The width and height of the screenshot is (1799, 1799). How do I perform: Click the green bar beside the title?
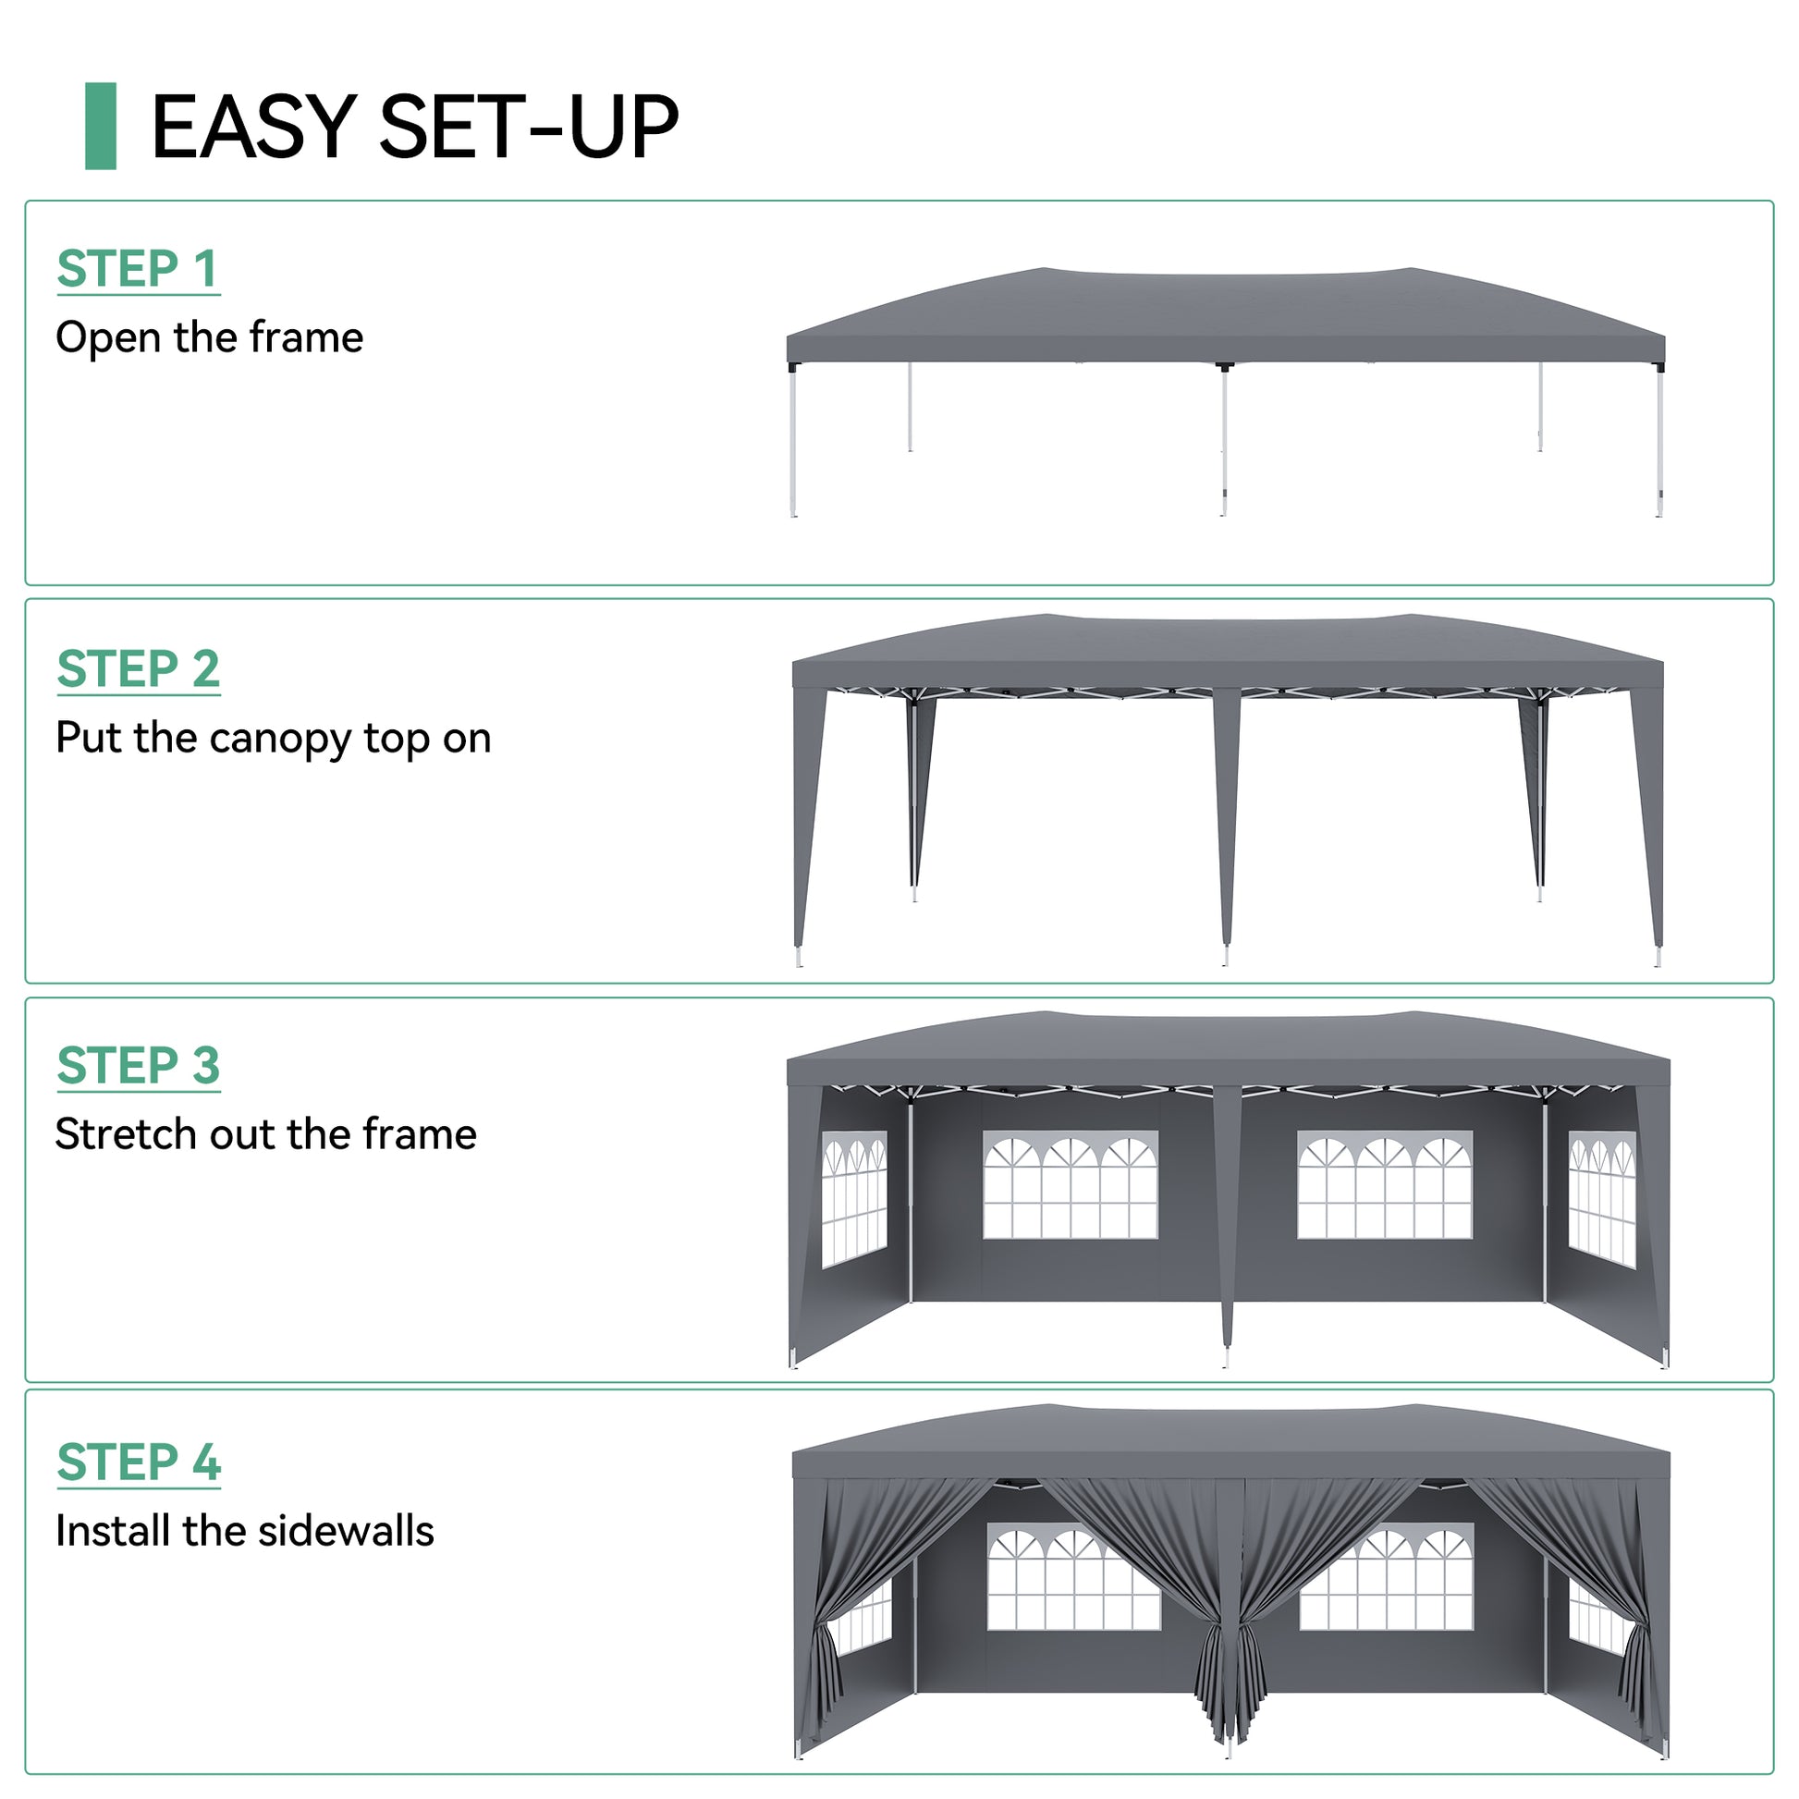coord(101,126)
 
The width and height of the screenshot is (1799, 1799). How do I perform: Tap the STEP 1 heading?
coord(138,269)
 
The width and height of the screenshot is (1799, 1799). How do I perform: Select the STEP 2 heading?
coord(138,668)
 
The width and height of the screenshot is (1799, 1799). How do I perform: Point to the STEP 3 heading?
coord(138,1065)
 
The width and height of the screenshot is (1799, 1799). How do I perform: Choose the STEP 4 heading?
coord(139,1462)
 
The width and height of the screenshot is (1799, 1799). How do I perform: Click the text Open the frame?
coord(210,337)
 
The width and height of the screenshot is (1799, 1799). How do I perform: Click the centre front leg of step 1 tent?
coord(1224,439)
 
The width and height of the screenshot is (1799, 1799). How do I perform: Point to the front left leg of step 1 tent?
coord(792,439)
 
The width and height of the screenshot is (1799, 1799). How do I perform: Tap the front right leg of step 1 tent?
coord(1659,439)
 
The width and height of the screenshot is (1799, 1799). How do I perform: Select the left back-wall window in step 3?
coord(1071,1184)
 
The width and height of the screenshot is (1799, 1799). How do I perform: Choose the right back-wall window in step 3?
coord(1385,1184)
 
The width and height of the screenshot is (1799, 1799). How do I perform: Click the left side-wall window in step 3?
coord(854,1199)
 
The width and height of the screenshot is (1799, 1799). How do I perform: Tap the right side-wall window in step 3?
coord(1601,1199)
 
